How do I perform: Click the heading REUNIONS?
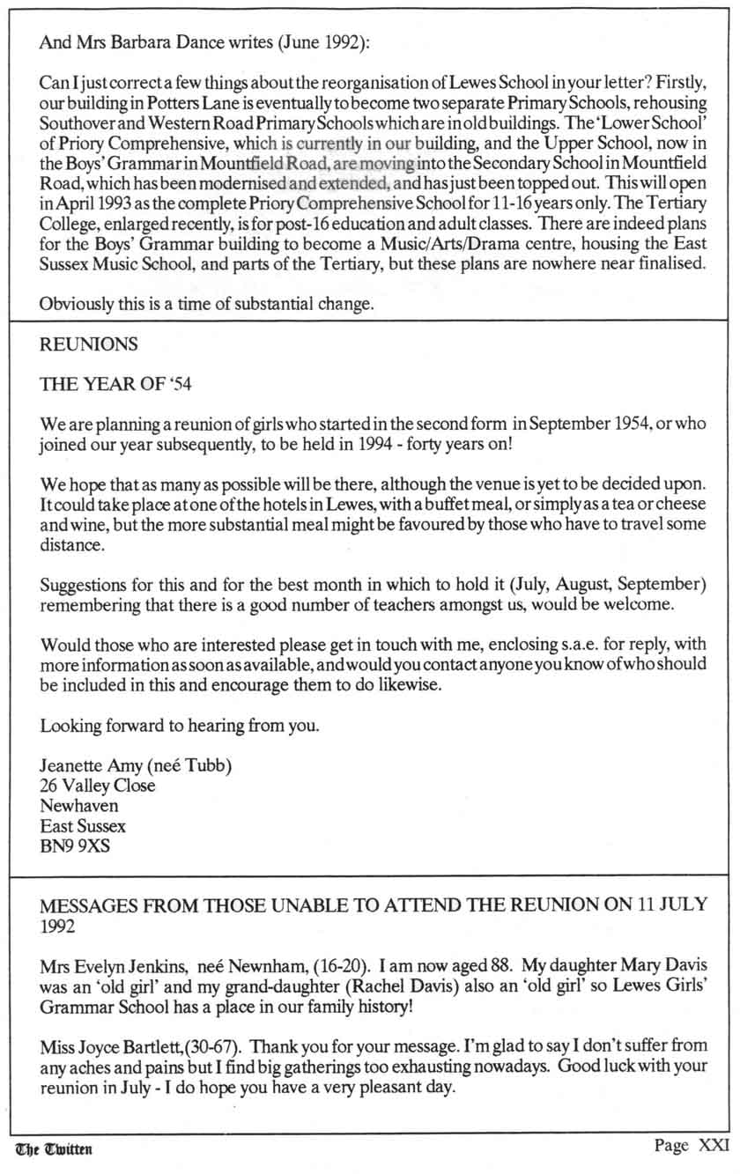tap(89, 345)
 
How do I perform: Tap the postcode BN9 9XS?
tap(75, 848)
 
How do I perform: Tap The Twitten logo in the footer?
tap(54, 1148)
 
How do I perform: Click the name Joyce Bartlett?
tap(137, 1049)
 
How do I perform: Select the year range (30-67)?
tap(213, 1049)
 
